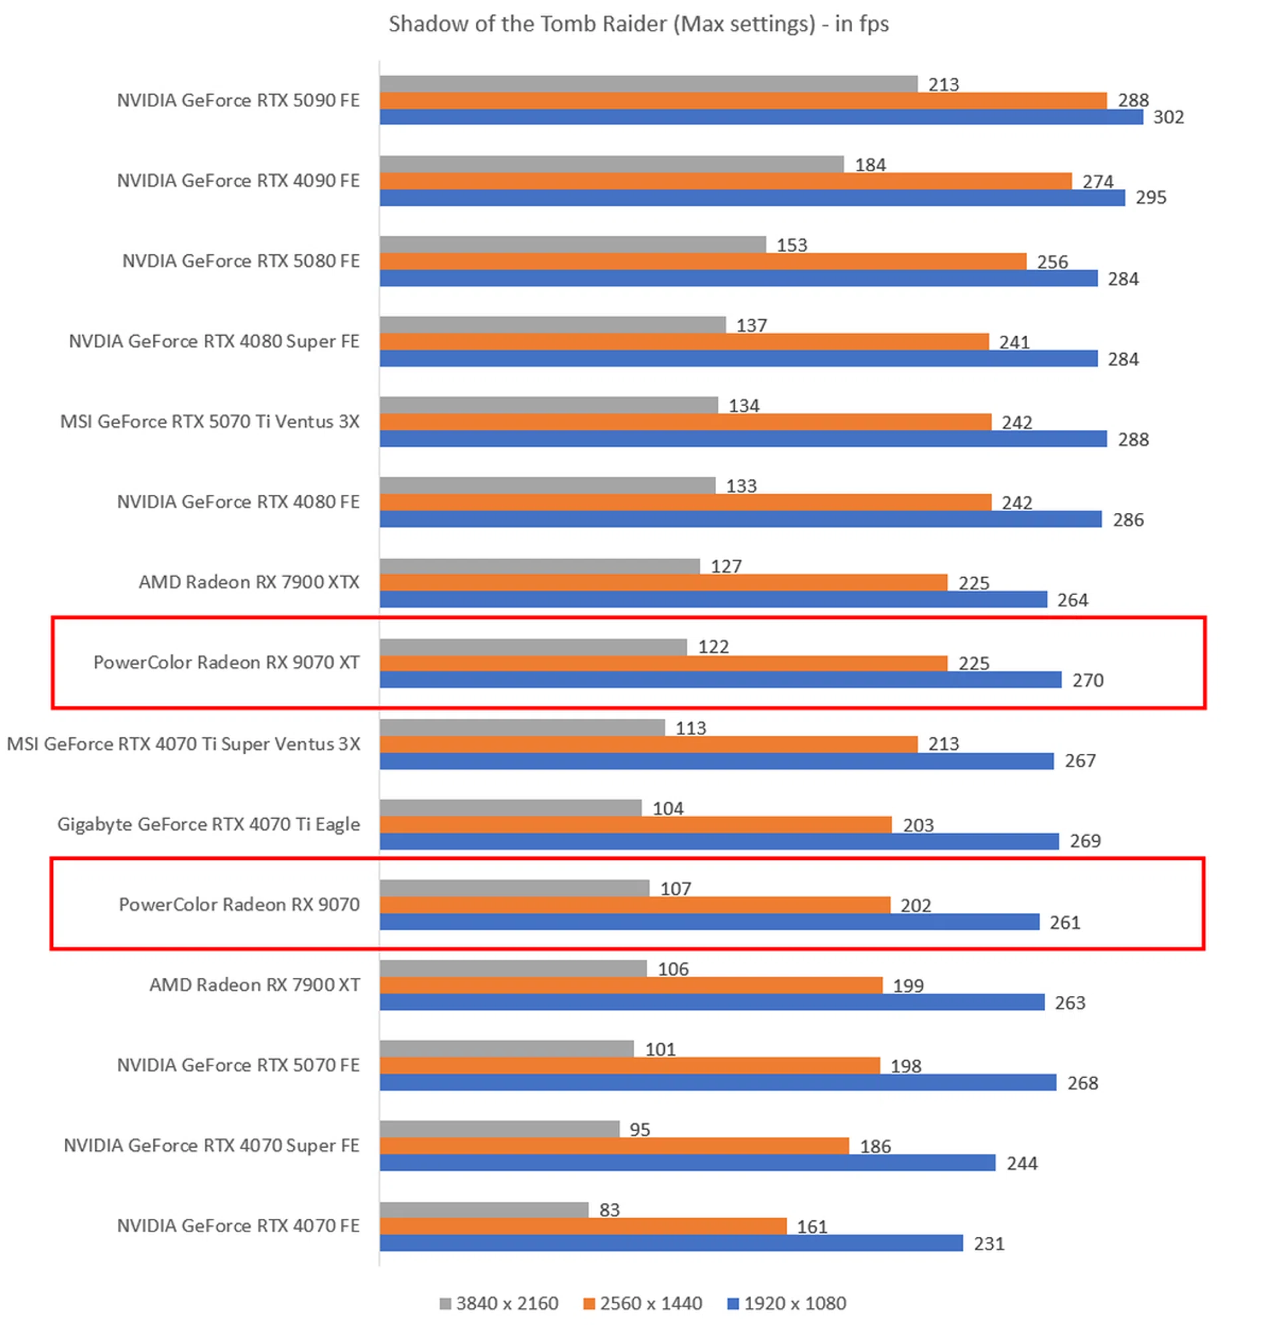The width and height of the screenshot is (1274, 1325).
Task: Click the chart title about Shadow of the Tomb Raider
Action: coord(638,25)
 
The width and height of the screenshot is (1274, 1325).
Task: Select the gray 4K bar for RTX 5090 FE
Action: coord(648,84)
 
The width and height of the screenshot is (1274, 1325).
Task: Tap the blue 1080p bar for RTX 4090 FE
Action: coord(751,198)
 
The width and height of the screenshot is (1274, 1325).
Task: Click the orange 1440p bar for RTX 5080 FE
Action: coord(703,261)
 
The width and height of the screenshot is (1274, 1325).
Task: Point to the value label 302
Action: coord(1168,117)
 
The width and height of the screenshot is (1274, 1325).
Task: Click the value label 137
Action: coord(751,326)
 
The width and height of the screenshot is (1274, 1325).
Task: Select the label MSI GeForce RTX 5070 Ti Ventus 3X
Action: coord(210,422)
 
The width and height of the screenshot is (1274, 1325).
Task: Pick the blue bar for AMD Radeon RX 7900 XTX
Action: coord(713,599)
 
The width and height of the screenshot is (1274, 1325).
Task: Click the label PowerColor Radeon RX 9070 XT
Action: coord(226,662)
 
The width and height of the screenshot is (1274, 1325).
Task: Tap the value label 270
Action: coord(1088,680)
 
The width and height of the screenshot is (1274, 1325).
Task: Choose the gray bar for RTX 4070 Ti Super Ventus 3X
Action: coord(522,727)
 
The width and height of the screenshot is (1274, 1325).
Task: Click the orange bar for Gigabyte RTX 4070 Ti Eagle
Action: coord(635,825)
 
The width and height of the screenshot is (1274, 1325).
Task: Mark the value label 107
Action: coord(675,889)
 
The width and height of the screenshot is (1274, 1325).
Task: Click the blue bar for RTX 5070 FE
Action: coord(717,1082)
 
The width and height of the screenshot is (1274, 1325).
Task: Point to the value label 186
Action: coord(875,1147)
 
